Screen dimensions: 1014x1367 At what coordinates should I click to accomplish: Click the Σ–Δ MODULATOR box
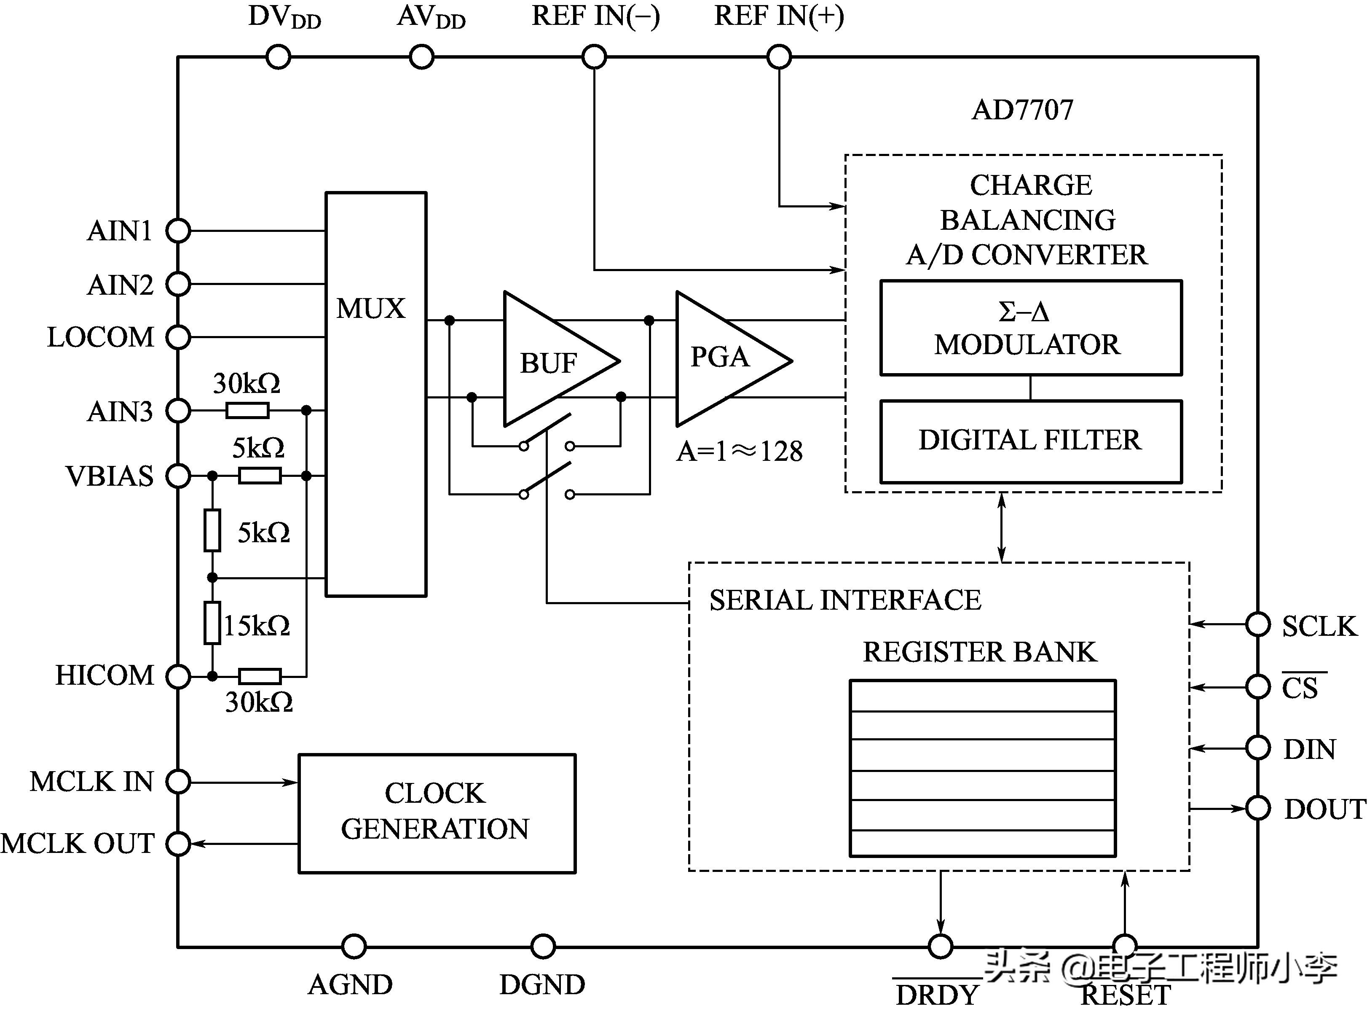[x=1030, y=328]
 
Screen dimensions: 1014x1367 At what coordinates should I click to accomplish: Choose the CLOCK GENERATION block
[x=437, y=812]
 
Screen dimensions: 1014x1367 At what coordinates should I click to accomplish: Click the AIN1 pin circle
[x=179, y=231]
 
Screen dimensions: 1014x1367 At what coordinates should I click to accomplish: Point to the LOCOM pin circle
[x=179, y=337]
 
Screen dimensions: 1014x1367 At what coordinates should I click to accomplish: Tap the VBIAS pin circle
[x=179, y=476]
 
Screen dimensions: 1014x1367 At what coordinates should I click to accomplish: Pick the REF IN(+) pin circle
[x=779, y=57]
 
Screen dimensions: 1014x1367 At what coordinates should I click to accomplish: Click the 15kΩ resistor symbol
[x=212, y=623]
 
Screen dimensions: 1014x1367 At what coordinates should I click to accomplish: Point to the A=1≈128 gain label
[x=739, y=452]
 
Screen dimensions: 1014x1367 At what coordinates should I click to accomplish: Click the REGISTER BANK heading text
[x=979, y=652]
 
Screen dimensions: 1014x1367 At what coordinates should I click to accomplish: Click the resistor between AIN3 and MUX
[x=247, y=410]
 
